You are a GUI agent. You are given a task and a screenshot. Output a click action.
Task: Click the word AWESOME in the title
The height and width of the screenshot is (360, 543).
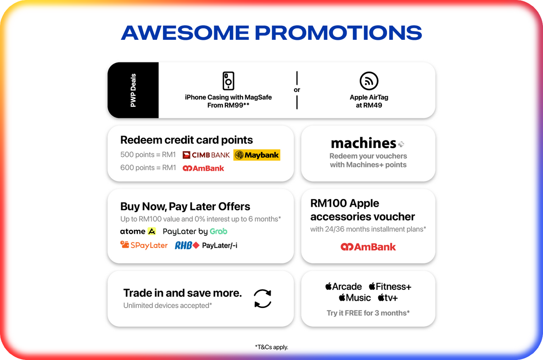click(x=185, y=33)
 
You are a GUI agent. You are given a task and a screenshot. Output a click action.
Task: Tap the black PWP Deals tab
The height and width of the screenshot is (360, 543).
click(x=133, y=90)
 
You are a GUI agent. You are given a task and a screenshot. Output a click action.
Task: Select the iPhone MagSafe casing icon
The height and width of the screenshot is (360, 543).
click(x=229, y=81)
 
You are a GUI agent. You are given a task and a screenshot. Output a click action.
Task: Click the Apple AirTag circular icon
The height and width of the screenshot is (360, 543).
click(x=369, y=81)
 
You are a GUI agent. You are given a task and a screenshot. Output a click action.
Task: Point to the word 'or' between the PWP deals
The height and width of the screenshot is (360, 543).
click(x=297, y=90)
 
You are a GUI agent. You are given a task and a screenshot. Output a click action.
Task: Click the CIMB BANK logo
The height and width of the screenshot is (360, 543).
click(x=206, y=155)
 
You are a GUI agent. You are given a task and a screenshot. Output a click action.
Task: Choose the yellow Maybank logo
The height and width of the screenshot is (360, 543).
click(x=257, y=155)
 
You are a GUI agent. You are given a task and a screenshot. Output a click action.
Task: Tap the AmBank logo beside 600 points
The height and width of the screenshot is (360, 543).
click(x=203, y=168)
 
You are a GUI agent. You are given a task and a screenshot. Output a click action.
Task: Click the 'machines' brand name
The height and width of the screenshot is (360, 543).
click(x=363, y=143)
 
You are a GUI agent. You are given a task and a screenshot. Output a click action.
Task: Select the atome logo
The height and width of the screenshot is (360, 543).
click(x=138, y=232)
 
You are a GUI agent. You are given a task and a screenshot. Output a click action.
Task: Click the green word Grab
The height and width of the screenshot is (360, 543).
click(x=219, y=232)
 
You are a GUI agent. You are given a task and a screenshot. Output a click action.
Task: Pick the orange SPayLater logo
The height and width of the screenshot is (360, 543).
click(x=144, y=245)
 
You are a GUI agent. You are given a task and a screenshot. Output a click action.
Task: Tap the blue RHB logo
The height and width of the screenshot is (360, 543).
click(x=187, y=246)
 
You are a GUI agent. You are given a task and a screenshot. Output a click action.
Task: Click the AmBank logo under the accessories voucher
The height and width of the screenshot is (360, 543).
click(x=368, y=247)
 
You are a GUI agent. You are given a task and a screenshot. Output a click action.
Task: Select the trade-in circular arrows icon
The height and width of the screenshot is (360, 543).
click(x=262, y=298)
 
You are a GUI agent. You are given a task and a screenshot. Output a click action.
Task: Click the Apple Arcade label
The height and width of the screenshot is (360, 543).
click(x=343, y=287)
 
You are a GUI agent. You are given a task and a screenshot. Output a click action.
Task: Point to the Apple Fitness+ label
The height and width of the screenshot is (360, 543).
click(x=390, y=287)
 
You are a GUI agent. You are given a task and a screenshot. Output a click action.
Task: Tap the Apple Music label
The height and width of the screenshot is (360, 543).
click(x=355, y=298)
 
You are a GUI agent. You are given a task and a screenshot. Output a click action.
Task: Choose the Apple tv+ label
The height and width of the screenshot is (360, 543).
click(x=388, y=298)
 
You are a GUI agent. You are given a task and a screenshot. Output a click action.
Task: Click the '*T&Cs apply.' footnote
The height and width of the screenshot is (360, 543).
click(x=271, y=347)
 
